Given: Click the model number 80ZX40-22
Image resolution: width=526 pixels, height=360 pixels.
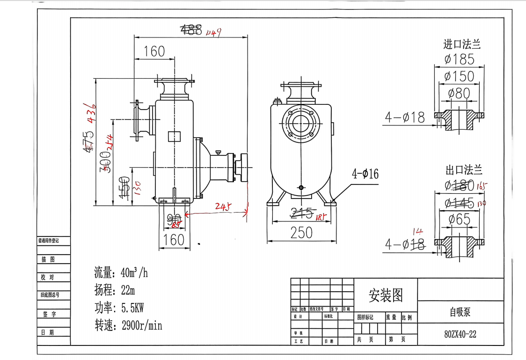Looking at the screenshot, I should [460, 334].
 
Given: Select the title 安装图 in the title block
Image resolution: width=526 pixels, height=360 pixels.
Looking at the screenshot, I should [386, 295].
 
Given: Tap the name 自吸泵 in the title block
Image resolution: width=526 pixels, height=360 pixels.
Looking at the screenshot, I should [460, 312].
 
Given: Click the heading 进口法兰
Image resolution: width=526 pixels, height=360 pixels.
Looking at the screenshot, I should [462, 44].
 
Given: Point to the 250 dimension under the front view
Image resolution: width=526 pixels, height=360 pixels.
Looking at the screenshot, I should [301, 233].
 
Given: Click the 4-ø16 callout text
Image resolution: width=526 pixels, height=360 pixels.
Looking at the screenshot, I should [365, 174].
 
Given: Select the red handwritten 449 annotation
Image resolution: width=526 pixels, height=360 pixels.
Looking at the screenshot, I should [212, 32].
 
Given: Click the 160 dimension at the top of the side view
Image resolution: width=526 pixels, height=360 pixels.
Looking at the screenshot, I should [154, 51].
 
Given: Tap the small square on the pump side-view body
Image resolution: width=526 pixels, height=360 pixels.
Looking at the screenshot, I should [174, 136].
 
